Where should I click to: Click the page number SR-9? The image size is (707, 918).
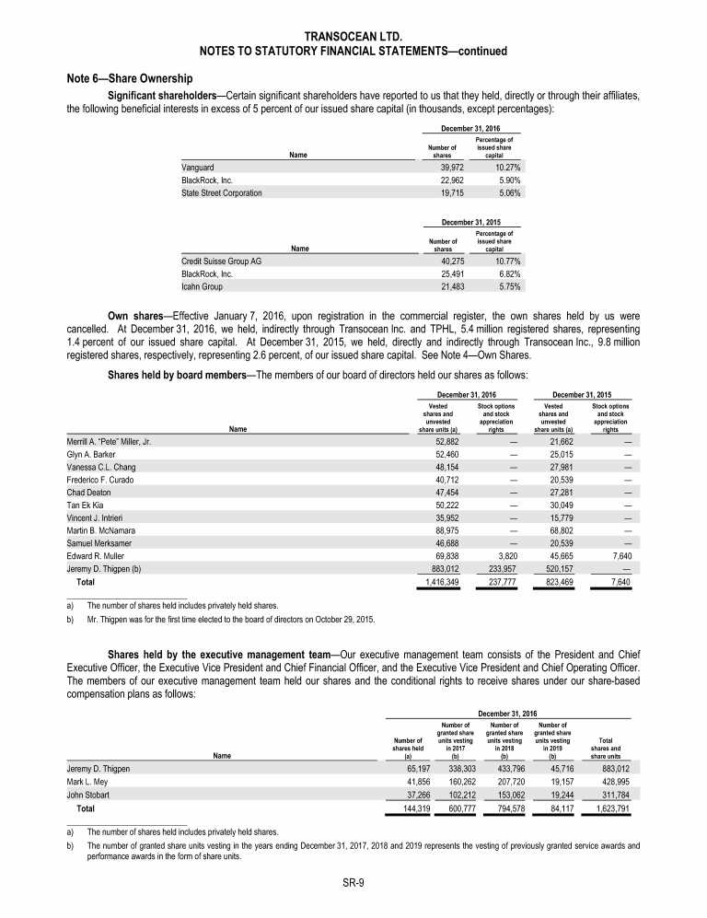tap(353, 883)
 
